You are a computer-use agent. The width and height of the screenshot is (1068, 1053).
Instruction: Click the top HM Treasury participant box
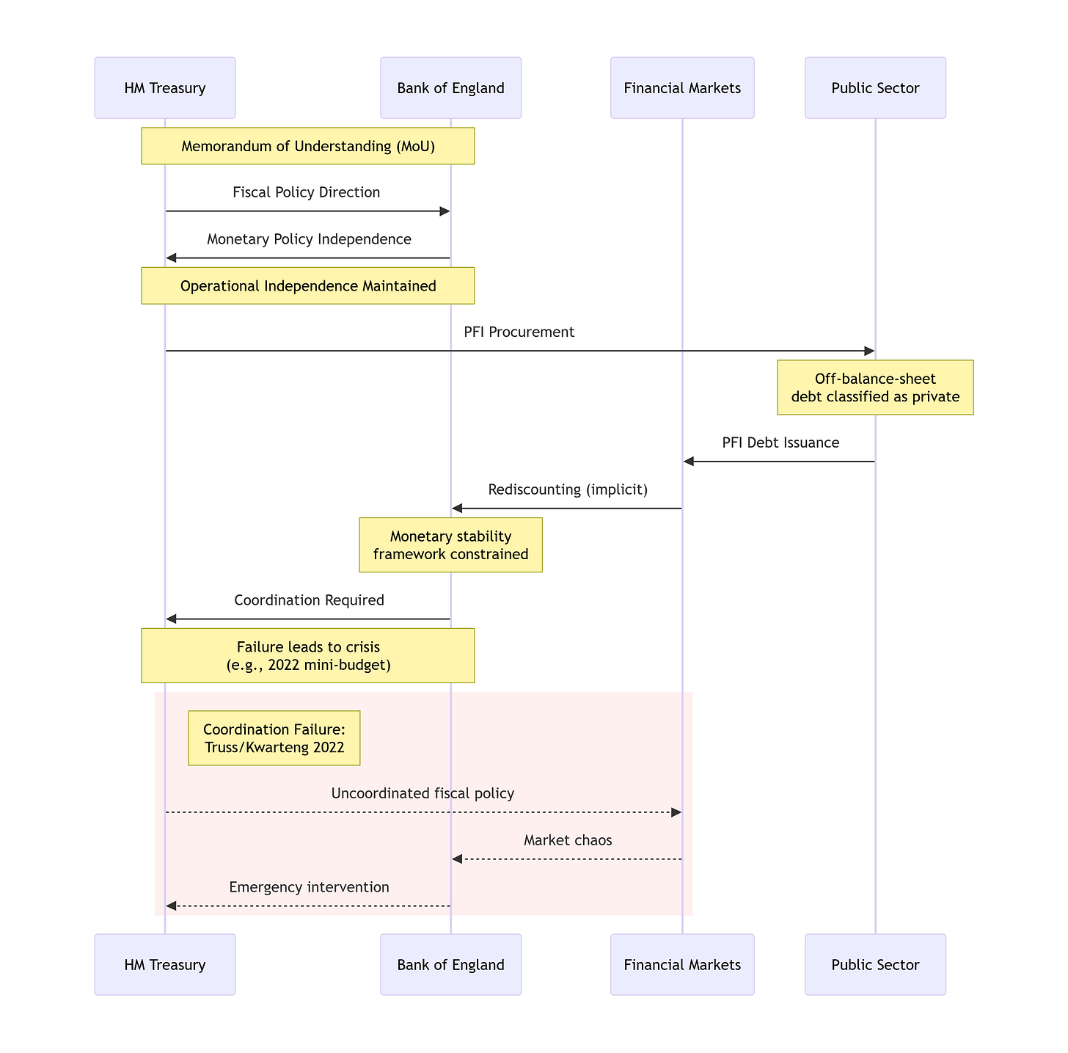pos(164,87)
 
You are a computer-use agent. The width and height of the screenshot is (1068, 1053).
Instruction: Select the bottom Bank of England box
pos(450,964)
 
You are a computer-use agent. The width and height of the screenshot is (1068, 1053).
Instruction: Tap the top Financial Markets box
pos(682,87)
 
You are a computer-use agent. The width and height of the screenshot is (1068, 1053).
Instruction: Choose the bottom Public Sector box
pos(875,964)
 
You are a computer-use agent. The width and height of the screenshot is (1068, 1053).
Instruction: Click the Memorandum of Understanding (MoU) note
pos(307,146)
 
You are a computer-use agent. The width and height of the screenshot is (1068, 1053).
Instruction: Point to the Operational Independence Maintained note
pos(307,285)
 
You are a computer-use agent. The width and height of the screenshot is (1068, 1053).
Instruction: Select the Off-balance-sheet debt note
pos(875,387)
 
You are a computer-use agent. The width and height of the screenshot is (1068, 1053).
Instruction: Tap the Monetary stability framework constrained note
pos(450,544)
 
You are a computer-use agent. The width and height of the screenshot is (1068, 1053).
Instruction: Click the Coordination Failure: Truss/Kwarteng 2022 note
pos(274,737)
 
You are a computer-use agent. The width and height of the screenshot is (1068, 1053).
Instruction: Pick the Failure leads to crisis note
pos(307,655)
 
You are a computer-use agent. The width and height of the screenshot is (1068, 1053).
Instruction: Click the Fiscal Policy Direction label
pos(307,192)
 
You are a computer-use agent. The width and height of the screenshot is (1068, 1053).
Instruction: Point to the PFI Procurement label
pos(519,332)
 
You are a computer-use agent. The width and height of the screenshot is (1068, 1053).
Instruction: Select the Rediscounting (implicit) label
pos(568,489)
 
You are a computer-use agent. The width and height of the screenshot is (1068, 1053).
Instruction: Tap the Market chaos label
pos(568,839)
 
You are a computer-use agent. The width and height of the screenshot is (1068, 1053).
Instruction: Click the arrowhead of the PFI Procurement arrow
pos(870,351)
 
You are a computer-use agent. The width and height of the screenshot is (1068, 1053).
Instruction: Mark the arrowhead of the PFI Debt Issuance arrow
pos(688,461)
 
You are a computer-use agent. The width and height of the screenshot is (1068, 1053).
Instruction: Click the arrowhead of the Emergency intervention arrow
pos(171,906)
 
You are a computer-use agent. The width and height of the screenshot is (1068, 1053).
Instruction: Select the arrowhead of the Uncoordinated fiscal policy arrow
pos(676,812)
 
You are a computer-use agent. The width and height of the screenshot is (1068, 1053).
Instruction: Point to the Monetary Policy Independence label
pos(309,239)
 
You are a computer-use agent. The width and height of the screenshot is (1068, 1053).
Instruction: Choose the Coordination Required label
pos(309,600)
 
